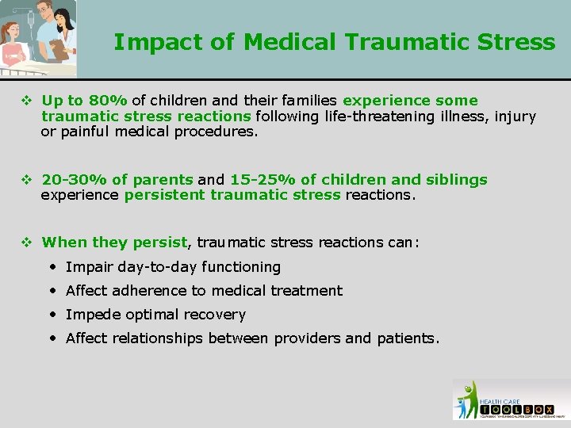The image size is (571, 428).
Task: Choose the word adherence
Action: (x=148, y=291)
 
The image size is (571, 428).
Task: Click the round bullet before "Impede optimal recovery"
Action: (x=52, y=315)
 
